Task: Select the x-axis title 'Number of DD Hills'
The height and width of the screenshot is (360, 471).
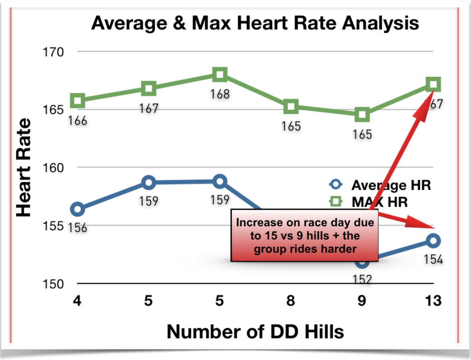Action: click(x=255, y=331)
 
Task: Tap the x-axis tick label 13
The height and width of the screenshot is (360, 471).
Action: click(x=433, y=302)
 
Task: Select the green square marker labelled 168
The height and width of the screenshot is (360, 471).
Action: click(x=219, y=74)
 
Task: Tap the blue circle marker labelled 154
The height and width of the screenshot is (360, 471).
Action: click(x=433, y=240)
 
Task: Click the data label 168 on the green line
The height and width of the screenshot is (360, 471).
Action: click(x=220, y=95)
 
